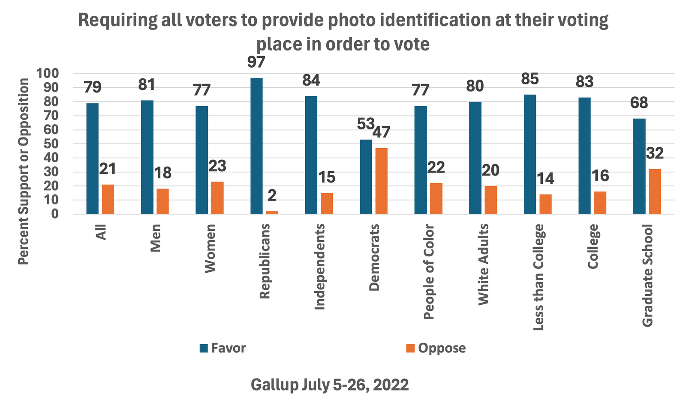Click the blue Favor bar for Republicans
pyautogui.click(x=256, y=146)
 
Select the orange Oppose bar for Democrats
pyautogui.click(x=381, y=181)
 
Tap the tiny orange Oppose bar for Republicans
pyautogui.click(x=272, y=212)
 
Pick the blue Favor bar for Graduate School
pyautogui.click(x=639, y=166)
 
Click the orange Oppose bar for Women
pyautogui.click(x=217, y=197)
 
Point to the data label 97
pyautogui.click(x=256, y=63)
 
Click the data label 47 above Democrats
pyautogui.click(x=381, y=132)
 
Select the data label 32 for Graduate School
pyautogui.click(x=655, y=153)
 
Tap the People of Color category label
pyautogui.click(x=429, y=272)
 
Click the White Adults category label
pyautogui.click(x=483, y=265)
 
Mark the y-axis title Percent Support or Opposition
pyautogui.click(x=24, y=171)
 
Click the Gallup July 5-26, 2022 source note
pyautogui.click(x=329, y=384)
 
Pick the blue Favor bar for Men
pyautogui.click(x=147, y=157)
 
